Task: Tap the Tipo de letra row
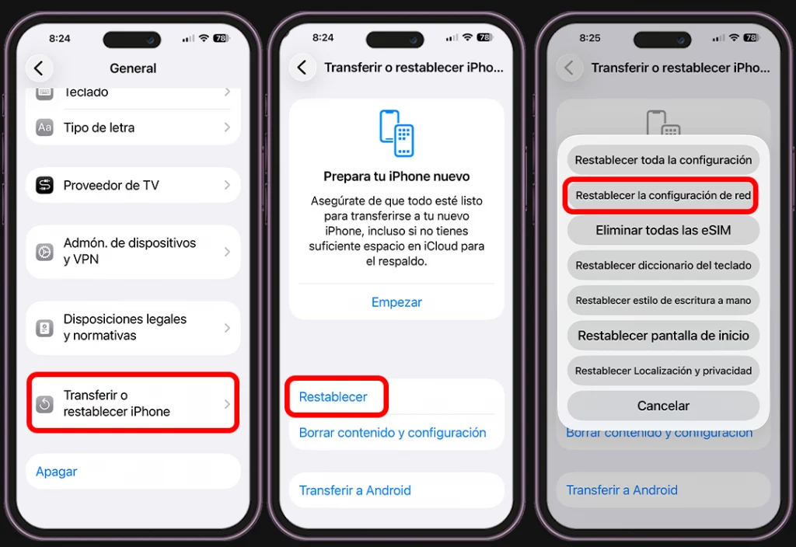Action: pyautogui.click(x=133, y=127)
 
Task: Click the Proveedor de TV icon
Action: pyautogui.click(x=44, y=185)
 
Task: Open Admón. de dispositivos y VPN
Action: pyautogui.click(x=133, y=251)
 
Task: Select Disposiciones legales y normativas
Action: pyautogui.click(x=133, y=328)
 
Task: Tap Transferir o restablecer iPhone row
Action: pyautogui.click(x=133, y=403)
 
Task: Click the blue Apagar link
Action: pyautogui.click(x=56, y=472)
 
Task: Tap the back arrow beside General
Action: pyautogui.click(x=39, y=68)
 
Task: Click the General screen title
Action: pyautogui.click(x=133, y=68)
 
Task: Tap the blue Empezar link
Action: pyautogui.click(x=396, y=302)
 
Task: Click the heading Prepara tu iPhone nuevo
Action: pyautogui.click(x=396, y=176)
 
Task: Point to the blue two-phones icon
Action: pyautogui.click(x=396, y=133)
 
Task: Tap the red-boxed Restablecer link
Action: pyautogui.click(x=333, y=397)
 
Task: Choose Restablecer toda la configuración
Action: pyautogui.click(x=663, y=160)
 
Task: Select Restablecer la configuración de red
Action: pyautogui.click(x=663, y=195)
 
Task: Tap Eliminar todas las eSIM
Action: pyautogui.click(x=663, y=230)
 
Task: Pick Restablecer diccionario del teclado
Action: pyautogui.click(x=663, y=266)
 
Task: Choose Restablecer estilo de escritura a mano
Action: pyautogui.click(x=663, y=301)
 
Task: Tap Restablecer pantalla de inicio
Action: pyautogui.click(x=663, y=336)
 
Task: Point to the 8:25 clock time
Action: pyautogui.click(x=590, y=38)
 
